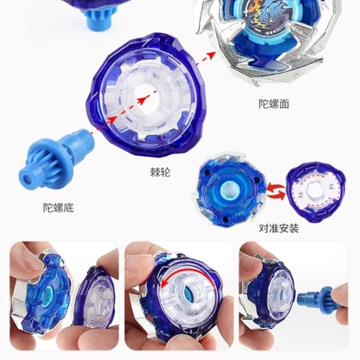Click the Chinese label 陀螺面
point(274,104)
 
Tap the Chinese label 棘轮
point(160,172)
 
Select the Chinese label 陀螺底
point(58,208)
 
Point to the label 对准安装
point(279,228)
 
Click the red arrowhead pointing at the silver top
point(210,55)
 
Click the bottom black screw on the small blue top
point(225,219)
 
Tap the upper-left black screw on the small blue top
point(207,172)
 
